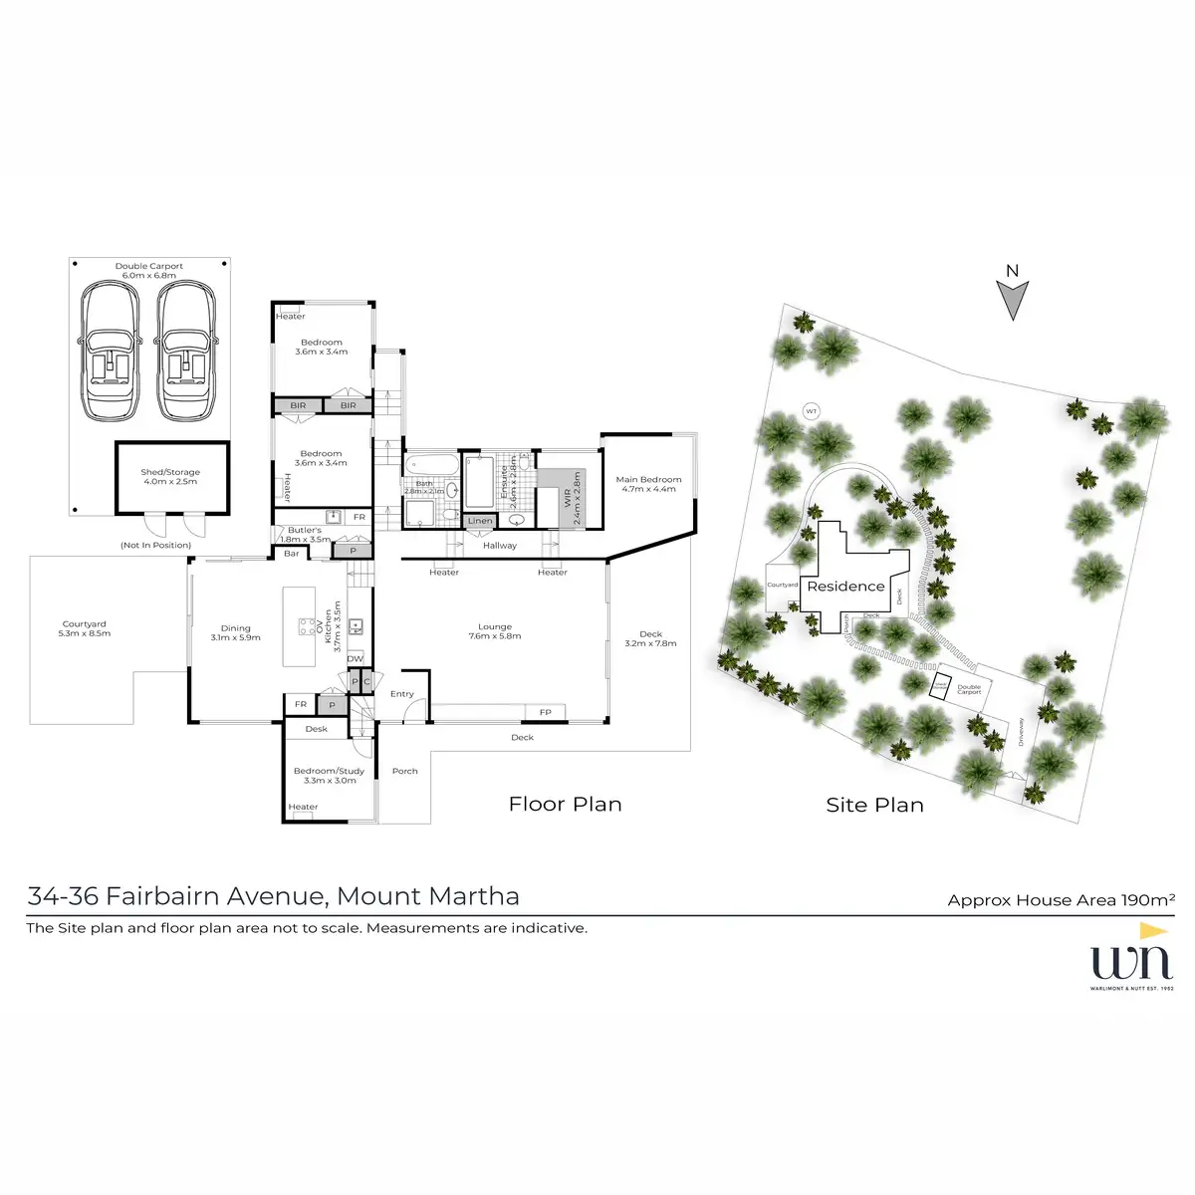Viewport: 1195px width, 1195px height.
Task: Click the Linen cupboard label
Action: point(480,521)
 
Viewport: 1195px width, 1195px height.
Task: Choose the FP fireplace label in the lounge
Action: point(545,712)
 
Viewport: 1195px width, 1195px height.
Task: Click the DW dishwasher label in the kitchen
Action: point(354,659)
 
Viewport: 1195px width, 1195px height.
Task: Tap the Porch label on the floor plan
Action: point(404,771)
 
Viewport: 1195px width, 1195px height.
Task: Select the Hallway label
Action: point(499,546)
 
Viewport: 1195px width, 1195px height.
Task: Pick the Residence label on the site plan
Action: point(845,587)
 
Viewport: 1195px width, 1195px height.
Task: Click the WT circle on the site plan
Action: point(811,411)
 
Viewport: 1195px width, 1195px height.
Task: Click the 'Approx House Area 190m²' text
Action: point(1061,900)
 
